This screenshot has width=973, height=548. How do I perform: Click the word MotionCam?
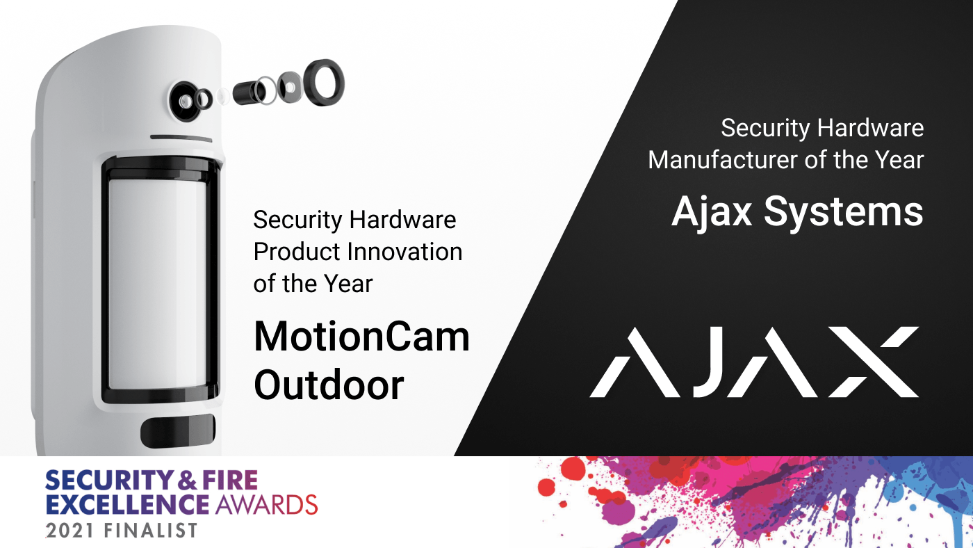click(x=361, y=338)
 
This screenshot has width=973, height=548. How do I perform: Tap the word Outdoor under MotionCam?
click(x=328, y=385)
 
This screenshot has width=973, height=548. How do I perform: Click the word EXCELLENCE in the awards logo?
click(x=127, y=503)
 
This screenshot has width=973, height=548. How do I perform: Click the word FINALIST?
click(x=152, y=530)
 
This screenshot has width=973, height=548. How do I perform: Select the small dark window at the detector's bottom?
click(x=178, y=433)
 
